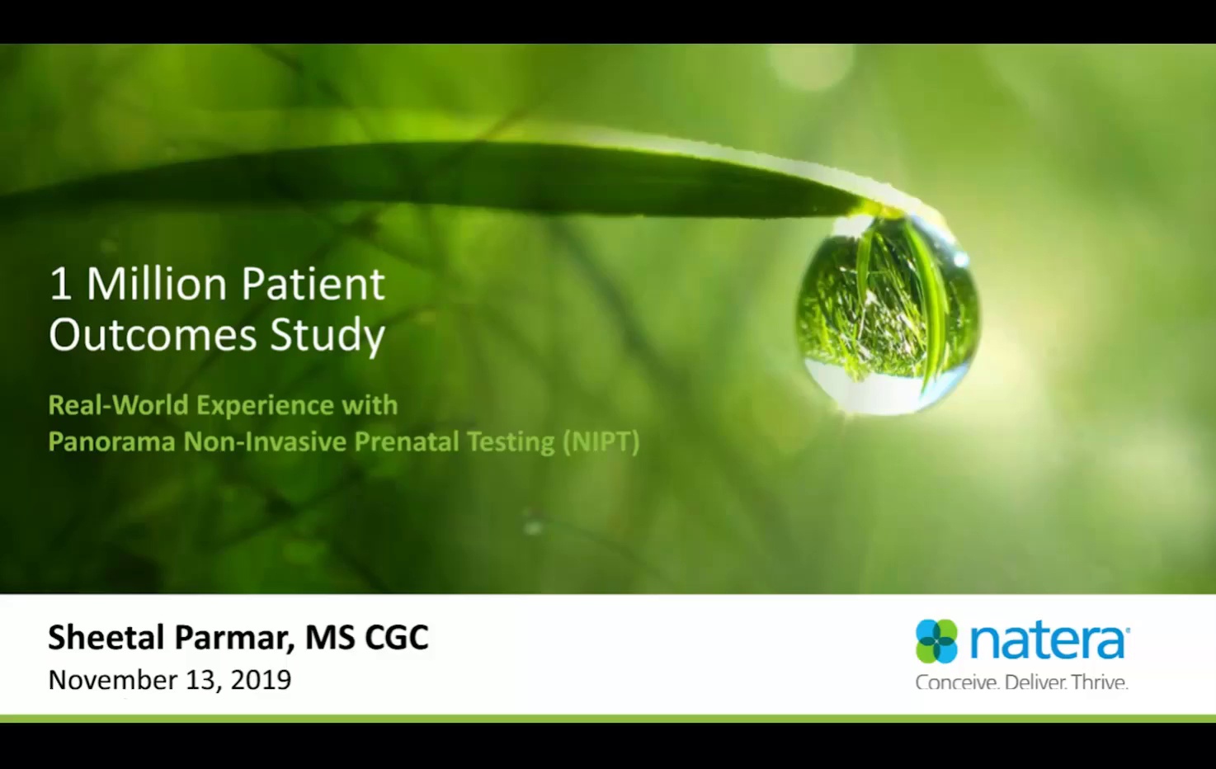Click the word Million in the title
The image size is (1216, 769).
coord(157,285)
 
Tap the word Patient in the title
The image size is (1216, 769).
coord(313,285)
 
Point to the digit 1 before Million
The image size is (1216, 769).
coord(60,285)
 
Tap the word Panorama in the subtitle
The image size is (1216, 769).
coord(111,441)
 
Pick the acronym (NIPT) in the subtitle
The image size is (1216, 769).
coord(601,441)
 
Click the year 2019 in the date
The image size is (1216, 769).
coord(261,680)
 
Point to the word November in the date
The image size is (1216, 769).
coord(113,680)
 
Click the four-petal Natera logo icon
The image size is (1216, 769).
coord(936,641)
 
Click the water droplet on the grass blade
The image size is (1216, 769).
coord(888,314)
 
